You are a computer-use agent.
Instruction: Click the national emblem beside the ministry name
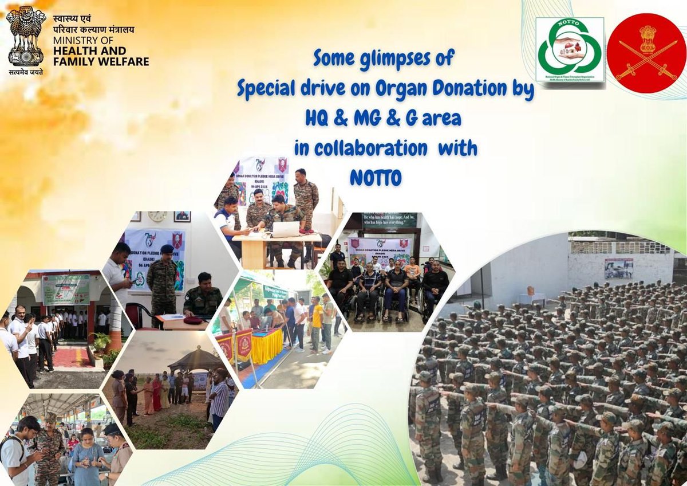tap(26, 36)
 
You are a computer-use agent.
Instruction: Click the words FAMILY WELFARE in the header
tap(101, 61)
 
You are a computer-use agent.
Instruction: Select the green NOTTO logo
tap(569, 49)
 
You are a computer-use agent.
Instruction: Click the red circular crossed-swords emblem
tap(647, 53)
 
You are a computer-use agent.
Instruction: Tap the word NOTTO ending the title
tap(375, 177)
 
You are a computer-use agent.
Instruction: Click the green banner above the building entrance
tap(66, 289)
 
